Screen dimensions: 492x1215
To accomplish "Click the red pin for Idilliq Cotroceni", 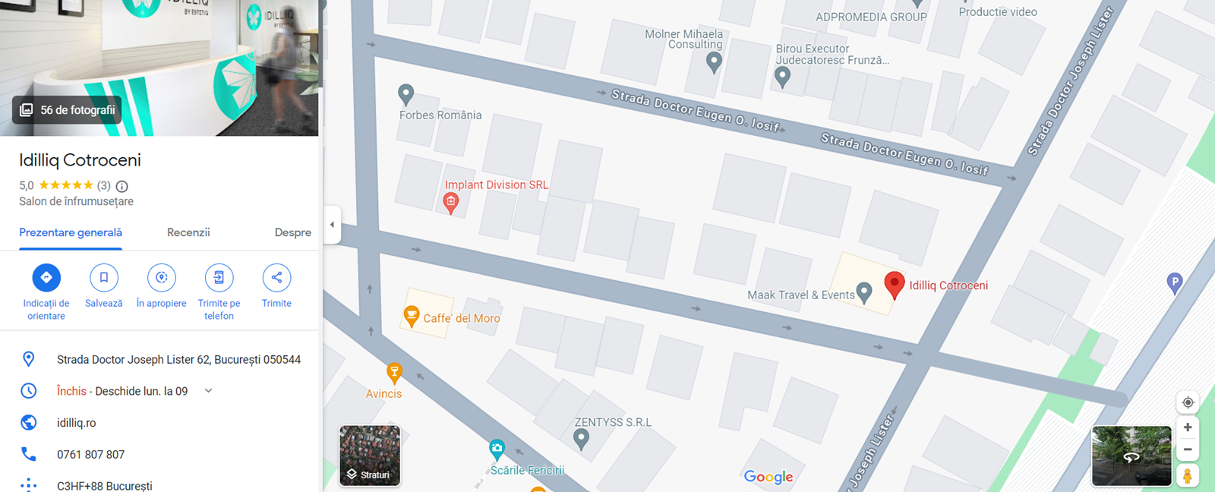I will (x=895, y=284).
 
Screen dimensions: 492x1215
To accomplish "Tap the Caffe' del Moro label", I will (x=461, y=318).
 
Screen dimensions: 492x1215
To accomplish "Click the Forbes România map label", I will (x=440, y=115).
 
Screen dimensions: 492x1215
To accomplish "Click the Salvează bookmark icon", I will (x=104, y=278).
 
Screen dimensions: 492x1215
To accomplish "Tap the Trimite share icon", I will (x=276, y=278).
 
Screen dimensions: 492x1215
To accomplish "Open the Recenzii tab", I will (x=188, y=232).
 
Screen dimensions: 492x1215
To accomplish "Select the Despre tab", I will (x=292, y=232).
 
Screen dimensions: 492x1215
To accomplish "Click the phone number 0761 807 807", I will (x=90, y=454).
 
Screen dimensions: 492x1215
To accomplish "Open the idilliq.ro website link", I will (x=77, y=423).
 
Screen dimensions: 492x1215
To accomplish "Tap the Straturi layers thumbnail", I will (x=370, y=455).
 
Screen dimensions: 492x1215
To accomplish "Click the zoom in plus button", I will (x=1188, y=427).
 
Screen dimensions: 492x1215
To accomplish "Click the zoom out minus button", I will (x=1188, y=449).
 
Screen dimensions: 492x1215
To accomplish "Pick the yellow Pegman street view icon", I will (x=1188, y=475).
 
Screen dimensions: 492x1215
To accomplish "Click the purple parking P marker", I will (x=1175, y=283).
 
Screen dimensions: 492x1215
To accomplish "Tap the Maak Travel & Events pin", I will (x=864, y=292).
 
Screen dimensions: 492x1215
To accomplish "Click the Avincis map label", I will (x=383, y=393).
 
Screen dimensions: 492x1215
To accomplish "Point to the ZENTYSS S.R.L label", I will (x=613, y=422).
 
